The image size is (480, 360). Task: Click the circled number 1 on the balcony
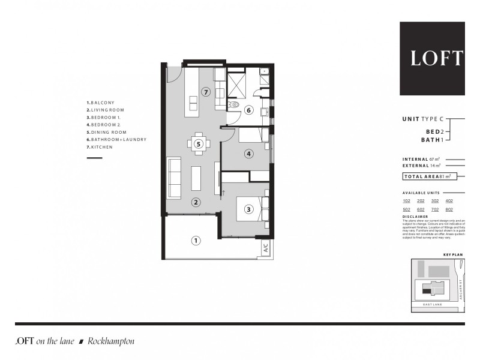click(x=195, y=241)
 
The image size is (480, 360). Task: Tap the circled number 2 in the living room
click(x=196, y=202)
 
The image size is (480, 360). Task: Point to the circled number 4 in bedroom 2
click(x=249, y=154)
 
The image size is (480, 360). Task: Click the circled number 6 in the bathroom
click(x=248, y=110)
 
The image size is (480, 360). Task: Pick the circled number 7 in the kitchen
click(x=206, y=92)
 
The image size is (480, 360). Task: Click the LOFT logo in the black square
click(x=436, y=58)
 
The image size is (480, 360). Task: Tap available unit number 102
click(x=407, y=201)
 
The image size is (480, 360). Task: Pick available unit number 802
click(x=449, y=209)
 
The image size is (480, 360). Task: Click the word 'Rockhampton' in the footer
click(x=111, y=341)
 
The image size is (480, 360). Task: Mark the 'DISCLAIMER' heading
click(x=415, y=217)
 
